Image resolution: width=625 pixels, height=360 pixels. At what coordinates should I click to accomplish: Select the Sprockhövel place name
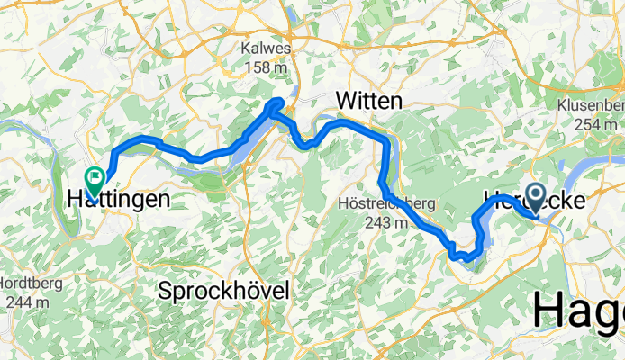coord(223,291)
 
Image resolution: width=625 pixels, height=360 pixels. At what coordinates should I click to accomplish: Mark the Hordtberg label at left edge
coord(31,283)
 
